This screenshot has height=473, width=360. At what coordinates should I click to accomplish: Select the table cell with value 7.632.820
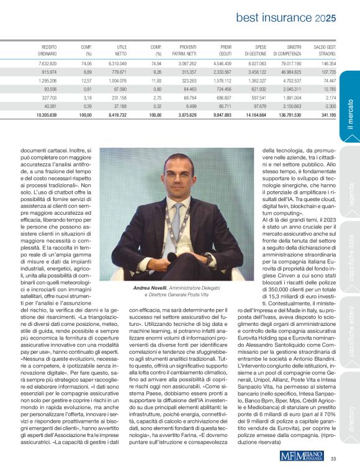click(x=47, y=63)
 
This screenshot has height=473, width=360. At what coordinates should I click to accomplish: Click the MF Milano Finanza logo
click(x=302, y=456)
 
